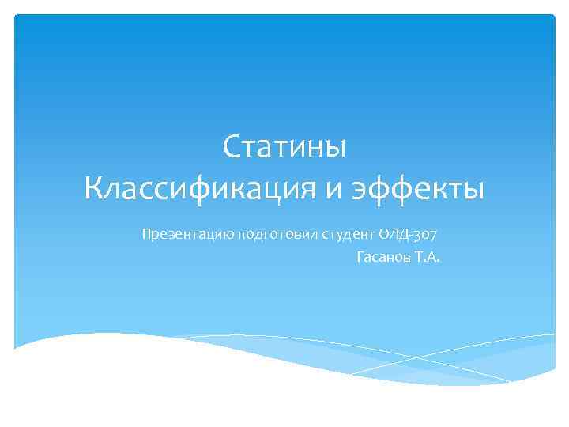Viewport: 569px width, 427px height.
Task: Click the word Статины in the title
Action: pyautogui.click(x=284, y=147)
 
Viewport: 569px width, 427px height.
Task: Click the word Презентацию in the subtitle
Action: pyautogui.click(x=187, y=235)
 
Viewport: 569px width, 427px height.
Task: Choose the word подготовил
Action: pyautogui.click(x=274, y=235)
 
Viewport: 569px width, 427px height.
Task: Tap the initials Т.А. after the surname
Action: pyautogui.click(x=428, y=257)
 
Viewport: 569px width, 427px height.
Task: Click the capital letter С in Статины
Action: pyautogui.click(x=232, y=147)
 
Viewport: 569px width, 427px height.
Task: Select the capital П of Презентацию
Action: pyautogui.click(x=146, y=234)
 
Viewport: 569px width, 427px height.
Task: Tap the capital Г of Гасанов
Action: pyautogui.click(x=360, y=257)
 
